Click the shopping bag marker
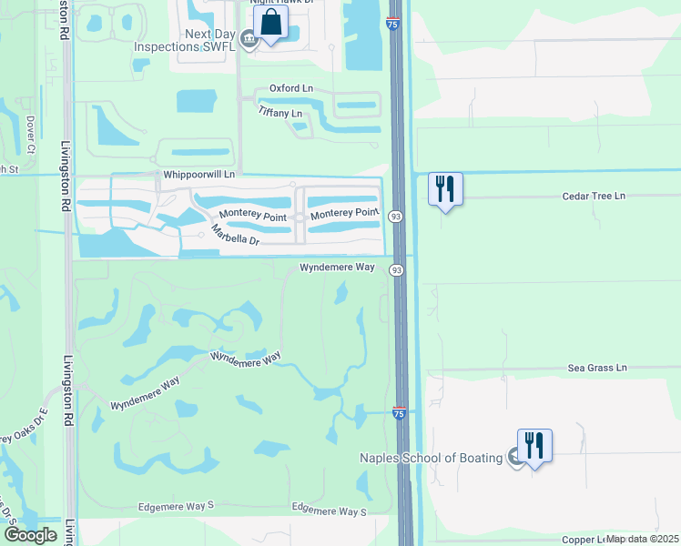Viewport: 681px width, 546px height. pyautogui.click(x=272, y=24)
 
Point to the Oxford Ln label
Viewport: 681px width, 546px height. pyautogui.click(x=290, y=89)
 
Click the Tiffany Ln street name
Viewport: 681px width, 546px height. pyautogui.click(x=280, y=113)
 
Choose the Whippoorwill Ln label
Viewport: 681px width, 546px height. pyautogui.click(x=198, y=174)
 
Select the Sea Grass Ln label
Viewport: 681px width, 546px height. pyautogui.click(x=597, y=368)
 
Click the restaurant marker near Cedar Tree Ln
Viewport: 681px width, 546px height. pyautogui.click(x=445, y=189)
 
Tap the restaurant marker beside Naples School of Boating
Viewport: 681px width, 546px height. pyautogui.click(x=534, y=446)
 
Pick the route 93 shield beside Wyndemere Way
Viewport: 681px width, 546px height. pyautogui.click(x=397, y=270)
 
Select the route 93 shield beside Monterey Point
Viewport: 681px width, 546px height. pyautogui.click(x=395, y=216)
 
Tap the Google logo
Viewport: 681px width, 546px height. pyautogui.click(x=30, y=535)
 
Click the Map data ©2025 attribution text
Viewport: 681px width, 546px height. pyautogui.click(x=642, y=539)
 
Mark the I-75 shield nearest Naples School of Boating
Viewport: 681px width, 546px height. pyautogui.click(x=400, y=413)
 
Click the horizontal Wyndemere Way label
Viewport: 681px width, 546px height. pyautogui.click(x=338, y=268)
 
